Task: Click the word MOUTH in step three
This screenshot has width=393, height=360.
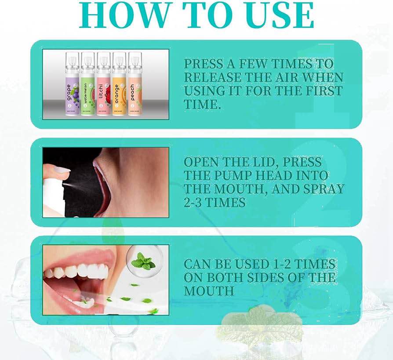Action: [x=209, y=291]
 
